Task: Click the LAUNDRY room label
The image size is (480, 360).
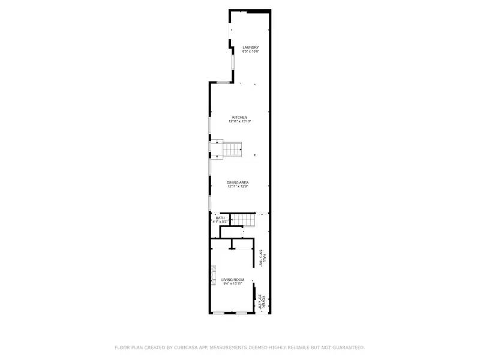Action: pyautogui.click(x=250, y=47)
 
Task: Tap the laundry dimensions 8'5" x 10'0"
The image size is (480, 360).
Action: pyautogui.click(x=250, y=52)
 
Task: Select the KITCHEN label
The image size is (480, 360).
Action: pyautogui.click(x=240, y=117)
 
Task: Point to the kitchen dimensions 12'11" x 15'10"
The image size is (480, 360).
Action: pyautogui.click(x=240, y=121)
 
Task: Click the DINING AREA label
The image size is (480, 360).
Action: pyautogui.click(x=238, y=182)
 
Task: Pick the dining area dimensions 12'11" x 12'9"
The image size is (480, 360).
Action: pyautogui.click(x=238, y=187)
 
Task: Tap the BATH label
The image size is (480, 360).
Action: pyautogui.click(x=220, y=218)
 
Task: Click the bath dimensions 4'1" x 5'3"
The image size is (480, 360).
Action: pyautogui.click(x=220, y=222)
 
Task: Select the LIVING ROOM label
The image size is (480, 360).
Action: pyautogui.click(x=233, y=280)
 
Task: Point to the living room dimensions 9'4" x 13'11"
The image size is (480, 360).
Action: pyautogui.click(x=233, y=284)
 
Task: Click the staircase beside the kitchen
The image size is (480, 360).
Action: pyautogui.click(x=232, y=149)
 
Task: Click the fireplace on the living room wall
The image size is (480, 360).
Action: pyautogui.click(x=212, y=277)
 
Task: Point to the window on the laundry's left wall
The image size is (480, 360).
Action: pyautogui.click(x=233, y=62)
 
